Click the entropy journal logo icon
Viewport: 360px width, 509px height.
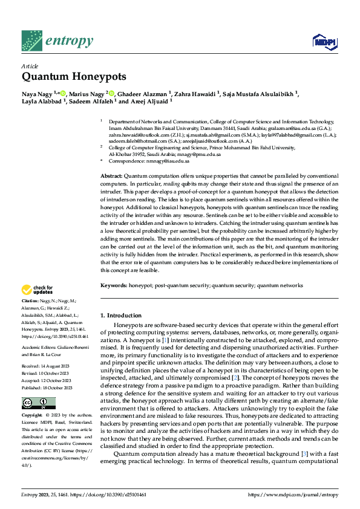31,41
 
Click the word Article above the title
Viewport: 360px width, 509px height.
30,66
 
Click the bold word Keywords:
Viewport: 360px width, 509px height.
113,285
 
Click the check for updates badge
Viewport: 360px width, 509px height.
38,290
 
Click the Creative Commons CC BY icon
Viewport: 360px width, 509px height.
39,403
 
